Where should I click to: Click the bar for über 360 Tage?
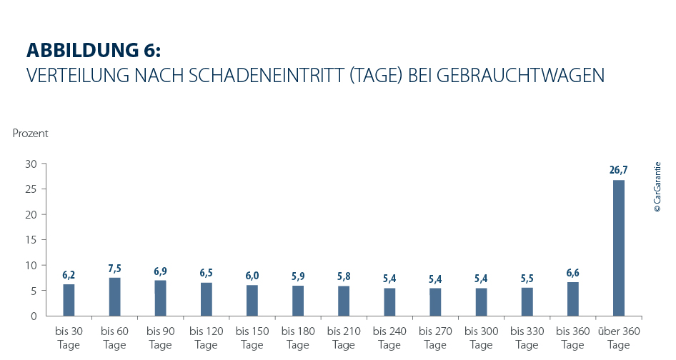coord(619,248)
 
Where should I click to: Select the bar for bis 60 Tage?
coord(114,296)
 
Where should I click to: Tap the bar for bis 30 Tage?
coord(69,300)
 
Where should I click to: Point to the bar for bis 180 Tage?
coord(298,301)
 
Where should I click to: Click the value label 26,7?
coord(619,170)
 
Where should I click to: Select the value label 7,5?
coord(114,268)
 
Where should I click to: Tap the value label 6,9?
coord(160,271)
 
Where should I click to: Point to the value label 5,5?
coord(527,278)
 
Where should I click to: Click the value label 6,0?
coord(252,276)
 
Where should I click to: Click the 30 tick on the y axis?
coord(31,164)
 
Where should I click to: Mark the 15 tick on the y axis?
coord(31,240)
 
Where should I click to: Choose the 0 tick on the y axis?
coord(34,316)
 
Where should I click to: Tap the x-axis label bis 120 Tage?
coord(207,338)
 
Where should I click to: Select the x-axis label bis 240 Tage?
coord(389,338)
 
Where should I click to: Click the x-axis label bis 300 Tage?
coord(481,338)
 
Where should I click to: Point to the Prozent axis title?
coord(30,133)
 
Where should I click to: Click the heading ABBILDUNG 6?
coord(94,50)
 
